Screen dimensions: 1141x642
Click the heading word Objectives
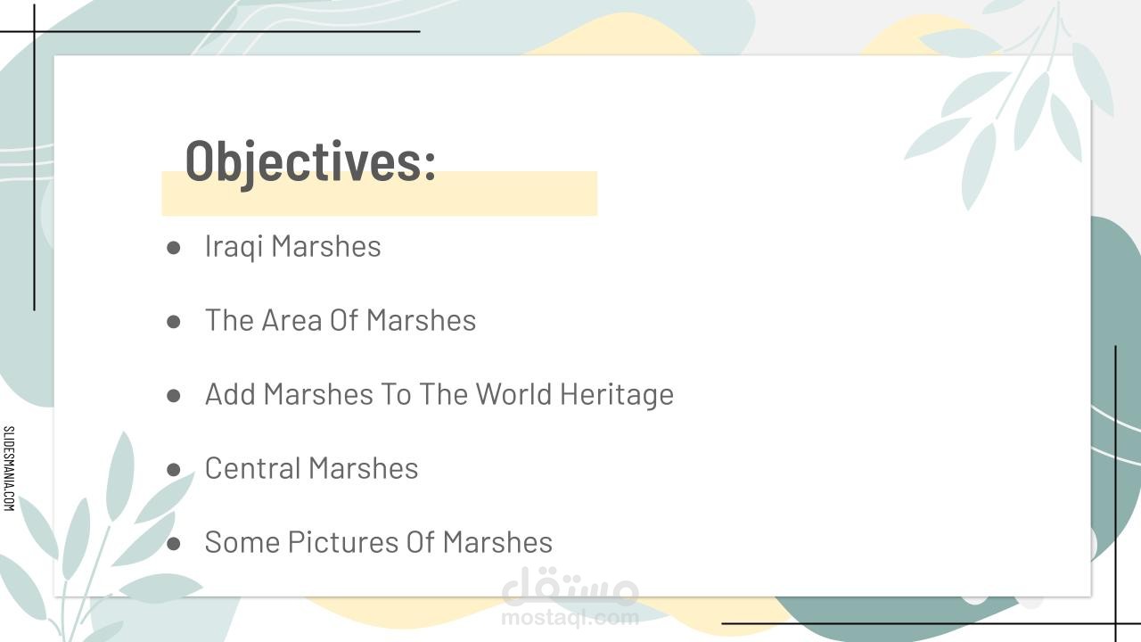coord(303,162)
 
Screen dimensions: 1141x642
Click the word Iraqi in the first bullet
coord(234,247)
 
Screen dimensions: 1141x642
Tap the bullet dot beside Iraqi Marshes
coord(174,248)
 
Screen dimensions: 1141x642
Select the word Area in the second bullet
coord(291,320)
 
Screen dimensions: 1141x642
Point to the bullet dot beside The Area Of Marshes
coord(174,322)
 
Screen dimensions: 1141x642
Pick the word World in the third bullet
coord(513,394)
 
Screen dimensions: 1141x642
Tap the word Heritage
coord(617,395)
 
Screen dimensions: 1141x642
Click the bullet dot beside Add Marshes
coord(174,396)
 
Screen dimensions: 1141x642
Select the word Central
coord(252,468)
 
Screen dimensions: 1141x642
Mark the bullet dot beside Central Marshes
coord(174,470)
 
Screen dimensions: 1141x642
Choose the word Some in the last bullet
coord(242,541)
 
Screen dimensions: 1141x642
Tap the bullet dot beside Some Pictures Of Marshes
coord(174,544)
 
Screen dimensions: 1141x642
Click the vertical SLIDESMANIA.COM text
coord(9,468)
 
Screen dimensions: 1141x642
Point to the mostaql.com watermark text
coord(570,618)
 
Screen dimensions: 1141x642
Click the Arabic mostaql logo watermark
coord(570,586)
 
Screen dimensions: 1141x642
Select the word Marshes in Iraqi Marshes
coord(326,246)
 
